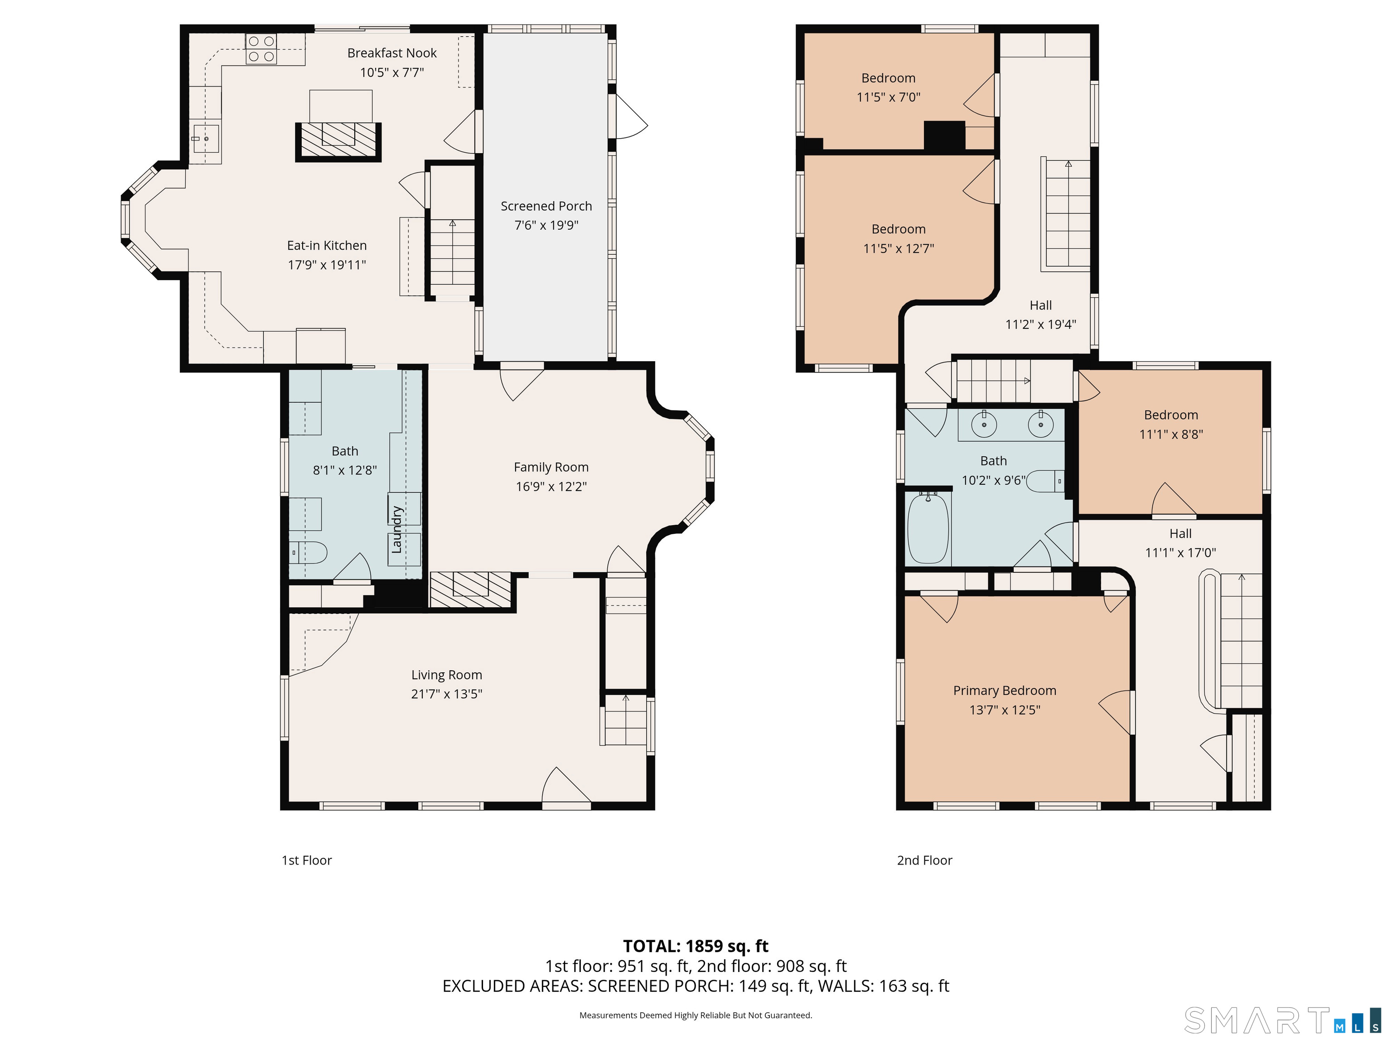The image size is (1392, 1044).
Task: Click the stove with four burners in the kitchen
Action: coord(261,49)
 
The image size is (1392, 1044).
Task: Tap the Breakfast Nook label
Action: coord(392,53)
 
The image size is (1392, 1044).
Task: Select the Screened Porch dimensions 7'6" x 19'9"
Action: coord(546,225)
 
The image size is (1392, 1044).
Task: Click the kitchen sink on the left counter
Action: coord(206,139)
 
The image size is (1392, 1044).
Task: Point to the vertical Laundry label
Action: coord(396,529)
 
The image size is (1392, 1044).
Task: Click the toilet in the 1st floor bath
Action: coord(309,552)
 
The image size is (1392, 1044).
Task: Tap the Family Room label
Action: coord(551,467)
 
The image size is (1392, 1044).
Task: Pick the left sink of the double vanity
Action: coord(984,425)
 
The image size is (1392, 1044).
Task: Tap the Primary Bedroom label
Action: coord(1005,691)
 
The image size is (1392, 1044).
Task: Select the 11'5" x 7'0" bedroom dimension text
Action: coord(889,97)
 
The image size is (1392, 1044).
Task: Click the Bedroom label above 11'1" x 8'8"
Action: coord(1171,415)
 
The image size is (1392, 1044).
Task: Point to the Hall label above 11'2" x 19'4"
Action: coord(1041,305)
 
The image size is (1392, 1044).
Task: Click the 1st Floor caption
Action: coord(306,860)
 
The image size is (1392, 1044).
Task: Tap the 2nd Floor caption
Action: coord(924,860)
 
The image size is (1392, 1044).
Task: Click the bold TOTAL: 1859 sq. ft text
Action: coord(696,946)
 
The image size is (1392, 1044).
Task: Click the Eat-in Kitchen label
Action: coord(327,246)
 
